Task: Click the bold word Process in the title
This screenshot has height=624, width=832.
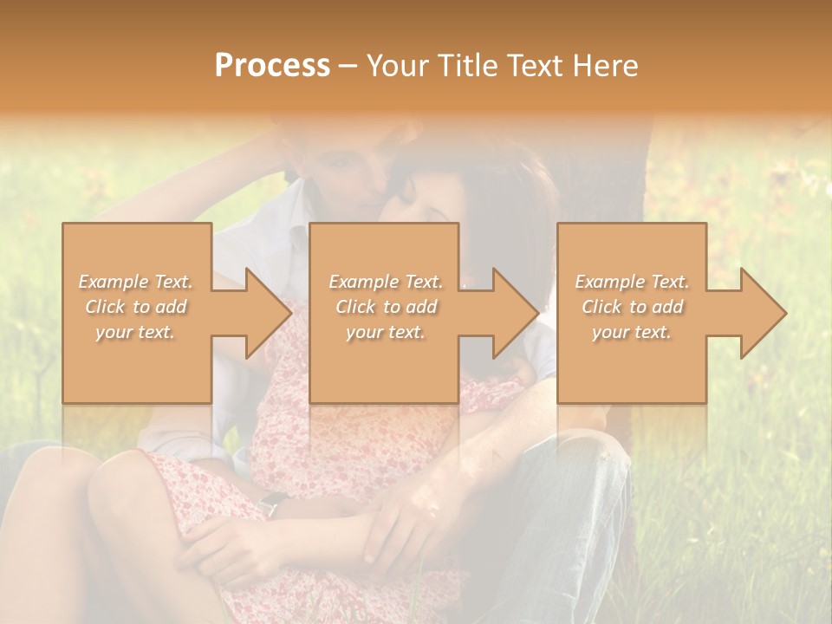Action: point(272,65)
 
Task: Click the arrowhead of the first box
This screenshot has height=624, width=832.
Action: point(269,313)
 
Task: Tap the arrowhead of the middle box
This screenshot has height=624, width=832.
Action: point(516,313)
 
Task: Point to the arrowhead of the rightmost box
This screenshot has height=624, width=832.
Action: point(763,313)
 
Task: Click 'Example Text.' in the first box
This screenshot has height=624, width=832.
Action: point(136,282)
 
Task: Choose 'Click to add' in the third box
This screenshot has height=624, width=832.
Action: point(632,307)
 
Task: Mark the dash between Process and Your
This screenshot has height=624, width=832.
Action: point(348,66)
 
